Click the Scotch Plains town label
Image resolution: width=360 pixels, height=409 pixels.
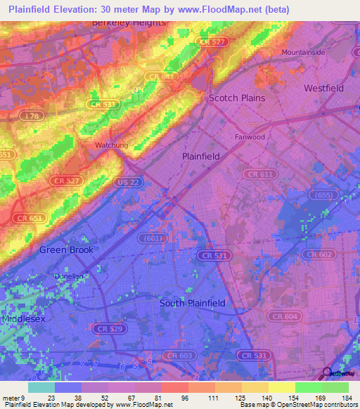pyautogui.click(x=237, y=98)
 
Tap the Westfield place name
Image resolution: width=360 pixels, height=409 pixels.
pyautogui.click(x=323, y=88)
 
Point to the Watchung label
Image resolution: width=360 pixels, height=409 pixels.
pyautogui.click(x=111, y=145)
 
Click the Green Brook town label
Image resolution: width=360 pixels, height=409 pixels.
pyautogui.click(x=66, y=249)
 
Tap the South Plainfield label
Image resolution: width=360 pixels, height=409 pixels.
pyautogui.click(x=192, y=303)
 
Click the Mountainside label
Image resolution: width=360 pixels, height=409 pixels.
pyautogui.click(x=304, y=53)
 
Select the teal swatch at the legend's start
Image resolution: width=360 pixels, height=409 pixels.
pyautogui.click(x=41, y=387)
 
